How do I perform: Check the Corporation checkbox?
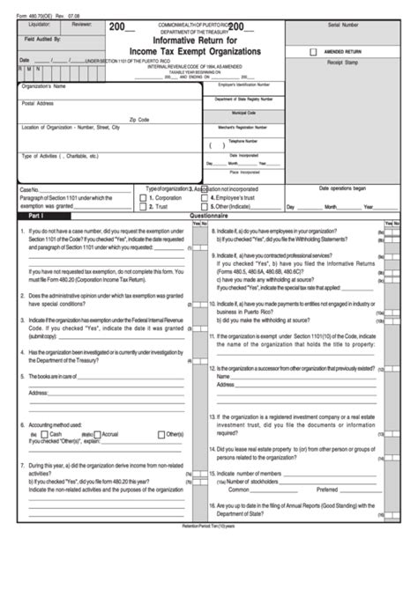pos(150,198)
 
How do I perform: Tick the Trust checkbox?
pos(150,206)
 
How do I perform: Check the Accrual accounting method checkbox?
pos(98,434)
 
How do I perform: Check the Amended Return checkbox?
pos(314,52)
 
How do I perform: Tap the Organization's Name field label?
pos(43,87)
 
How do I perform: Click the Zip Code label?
pos(139,118)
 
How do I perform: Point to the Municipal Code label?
pos(244,113)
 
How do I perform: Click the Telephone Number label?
pos(244,140)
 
